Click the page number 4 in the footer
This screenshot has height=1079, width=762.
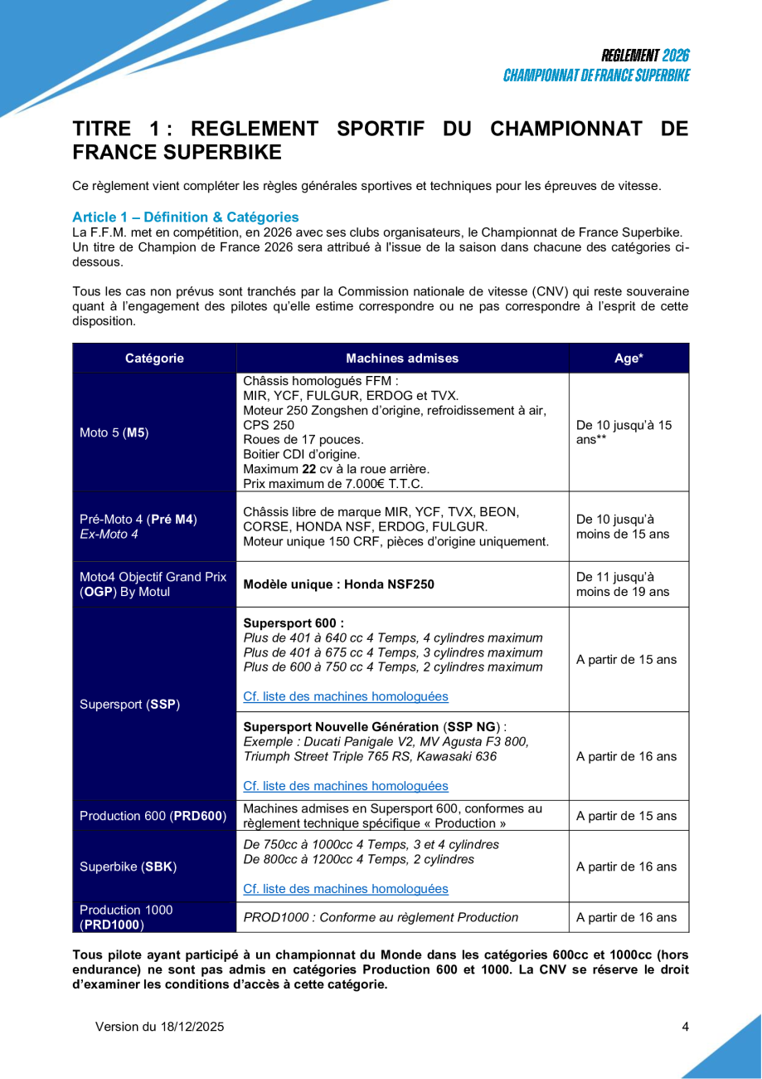click(685, 1027)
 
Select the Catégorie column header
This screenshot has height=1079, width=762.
click(154, 359)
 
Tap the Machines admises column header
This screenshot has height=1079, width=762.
click(402, 359)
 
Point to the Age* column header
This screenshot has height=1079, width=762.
click(629, 359)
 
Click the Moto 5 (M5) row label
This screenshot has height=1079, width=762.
click(114, 432)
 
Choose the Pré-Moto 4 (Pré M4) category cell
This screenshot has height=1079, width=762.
click(138, 526)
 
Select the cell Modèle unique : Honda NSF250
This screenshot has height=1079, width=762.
click(338, 583)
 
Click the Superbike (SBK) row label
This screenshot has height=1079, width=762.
click(128, 867)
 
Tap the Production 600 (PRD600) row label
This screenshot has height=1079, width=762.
click(153, 816)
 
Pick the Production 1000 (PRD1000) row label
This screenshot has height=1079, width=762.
click(126, 917)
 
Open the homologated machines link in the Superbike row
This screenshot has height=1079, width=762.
click(345, 889)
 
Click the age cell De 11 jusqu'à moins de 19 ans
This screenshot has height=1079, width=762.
click(622, 583)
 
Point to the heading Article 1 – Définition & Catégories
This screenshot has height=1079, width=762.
click(186, 217)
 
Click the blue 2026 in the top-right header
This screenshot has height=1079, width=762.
click(676, 56)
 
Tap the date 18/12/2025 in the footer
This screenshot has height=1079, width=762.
click(192, 1027)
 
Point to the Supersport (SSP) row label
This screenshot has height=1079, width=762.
click(129, 705)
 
